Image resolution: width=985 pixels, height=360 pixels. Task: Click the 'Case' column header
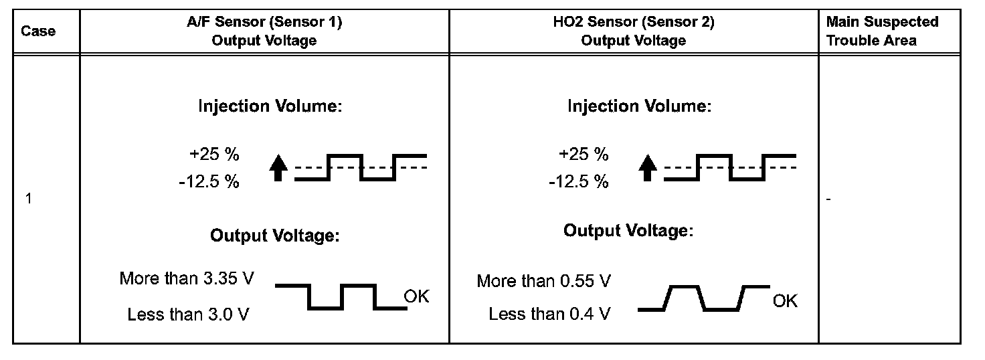pyautogui.click(x=38, y=31)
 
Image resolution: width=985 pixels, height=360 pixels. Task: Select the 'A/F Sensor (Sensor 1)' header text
pyautogui.click(x=264, y=22)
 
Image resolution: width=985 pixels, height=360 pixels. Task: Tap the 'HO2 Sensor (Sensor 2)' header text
pyautogui.click(x=633, y=22)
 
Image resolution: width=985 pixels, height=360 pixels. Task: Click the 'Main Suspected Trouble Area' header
pyautogui.click(x=882, y=31)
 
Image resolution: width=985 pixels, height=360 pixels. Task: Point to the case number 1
pyautogui.click(x=29, y=199)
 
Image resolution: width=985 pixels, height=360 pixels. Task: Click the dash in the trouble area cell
pyautogui.click(x=828, y=199)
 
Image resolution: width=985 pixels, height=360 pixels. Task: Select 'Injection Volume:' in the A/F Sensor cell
pyautogui.click(x=270, y=106)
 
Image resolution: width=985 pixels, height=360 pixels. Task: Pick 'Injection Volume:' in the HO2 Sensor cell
pyautogui.click(x=639, y=106)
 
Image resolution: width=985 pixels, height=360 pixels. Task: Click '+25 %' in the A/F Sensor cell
pyautogui.click(x=214, y=155)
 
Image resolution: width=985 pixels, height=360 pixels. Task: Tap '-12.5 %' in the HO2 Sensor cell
pyautogui.click(x=578, y=181)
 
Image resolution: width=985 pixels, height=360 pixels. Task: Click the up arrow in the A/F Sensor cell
pyautogui.click(x=281, y=167)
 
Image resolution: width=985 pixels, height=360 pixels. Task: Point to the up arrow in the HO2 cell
pyautogui.click(x=646, y=167)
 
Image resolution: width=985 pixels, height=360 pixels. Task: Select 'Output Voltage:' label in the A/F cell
pyautogui.click(x=274, y=236)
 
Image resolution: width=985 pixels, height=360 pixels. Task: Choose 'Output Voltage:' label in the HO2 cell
pyautogui.click(x=628, y=231)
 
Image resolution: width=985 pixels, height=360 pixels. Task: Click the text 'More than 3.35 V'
pyautogui.click(x=187, y=278)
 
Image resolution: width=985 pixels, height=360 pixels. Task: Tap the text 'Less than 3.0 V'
pyautogui.click(x=188, y=314)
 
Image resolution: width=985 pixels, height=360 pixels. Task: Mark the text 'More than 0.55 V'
pyautogui.click(x=543, y=281)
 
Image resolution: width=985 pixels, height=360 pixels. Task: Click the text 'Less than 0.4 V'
pyautogui.click(x=549, y=313)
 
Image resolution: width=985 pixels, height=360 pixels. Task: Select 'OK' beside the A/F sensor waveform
pyautogui.click(x=416, y=296)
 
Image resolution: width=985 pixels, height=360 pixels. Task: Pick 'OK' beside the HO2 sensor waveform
pyautogui.click(x=785, y=301)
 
